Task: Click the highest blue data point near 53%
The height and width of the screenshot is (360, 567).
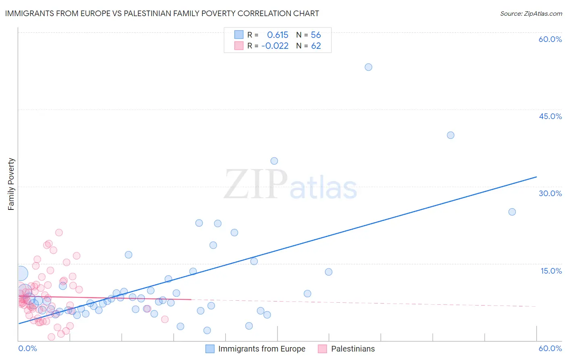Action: (x=368, y=67)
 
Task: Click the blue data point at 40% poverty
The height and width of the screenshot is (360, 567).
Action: (x=450, y=135)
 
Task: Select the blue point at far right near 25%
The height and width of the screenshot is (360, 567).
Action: (x=512, y=212)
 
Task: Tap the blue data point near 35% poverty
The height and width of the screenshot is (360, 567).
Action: (x=274, y=161)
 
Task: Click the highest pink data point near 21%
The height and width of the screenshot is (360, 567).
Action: (x=59, y=232)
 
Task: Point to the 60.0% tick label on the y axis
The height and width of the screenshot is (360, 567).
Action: (x=550, y=39)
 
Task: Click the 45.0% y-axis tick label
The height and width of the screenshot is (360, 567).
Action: (x=550, y=116)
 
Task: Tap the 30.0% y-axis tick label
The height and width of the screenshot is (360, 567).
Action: (x=550, y=193)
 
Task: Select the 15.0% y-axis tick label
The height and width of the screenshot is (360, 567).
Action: (x=551, y=271)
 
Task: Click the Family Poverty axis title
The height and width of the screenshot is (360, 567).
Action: (x=11, y=184)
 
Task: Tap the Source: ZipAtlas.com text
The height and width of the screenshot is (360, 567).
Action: (x=531, y=13)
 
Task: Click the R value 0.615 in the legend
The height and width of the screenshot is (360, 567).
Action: (x=277, y=35)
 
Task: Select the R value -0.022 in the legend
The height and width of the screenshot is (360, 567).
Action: (x=275, y=46)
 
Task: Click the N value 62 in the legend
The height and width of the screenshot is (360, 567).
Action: (x=316, y=46)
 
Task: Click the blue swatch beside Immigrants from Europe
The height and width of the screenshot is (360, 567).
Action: (x=210, y=349)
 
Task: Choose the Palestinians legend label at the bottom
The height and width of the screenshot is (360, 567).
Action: (x=353, y=349)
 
